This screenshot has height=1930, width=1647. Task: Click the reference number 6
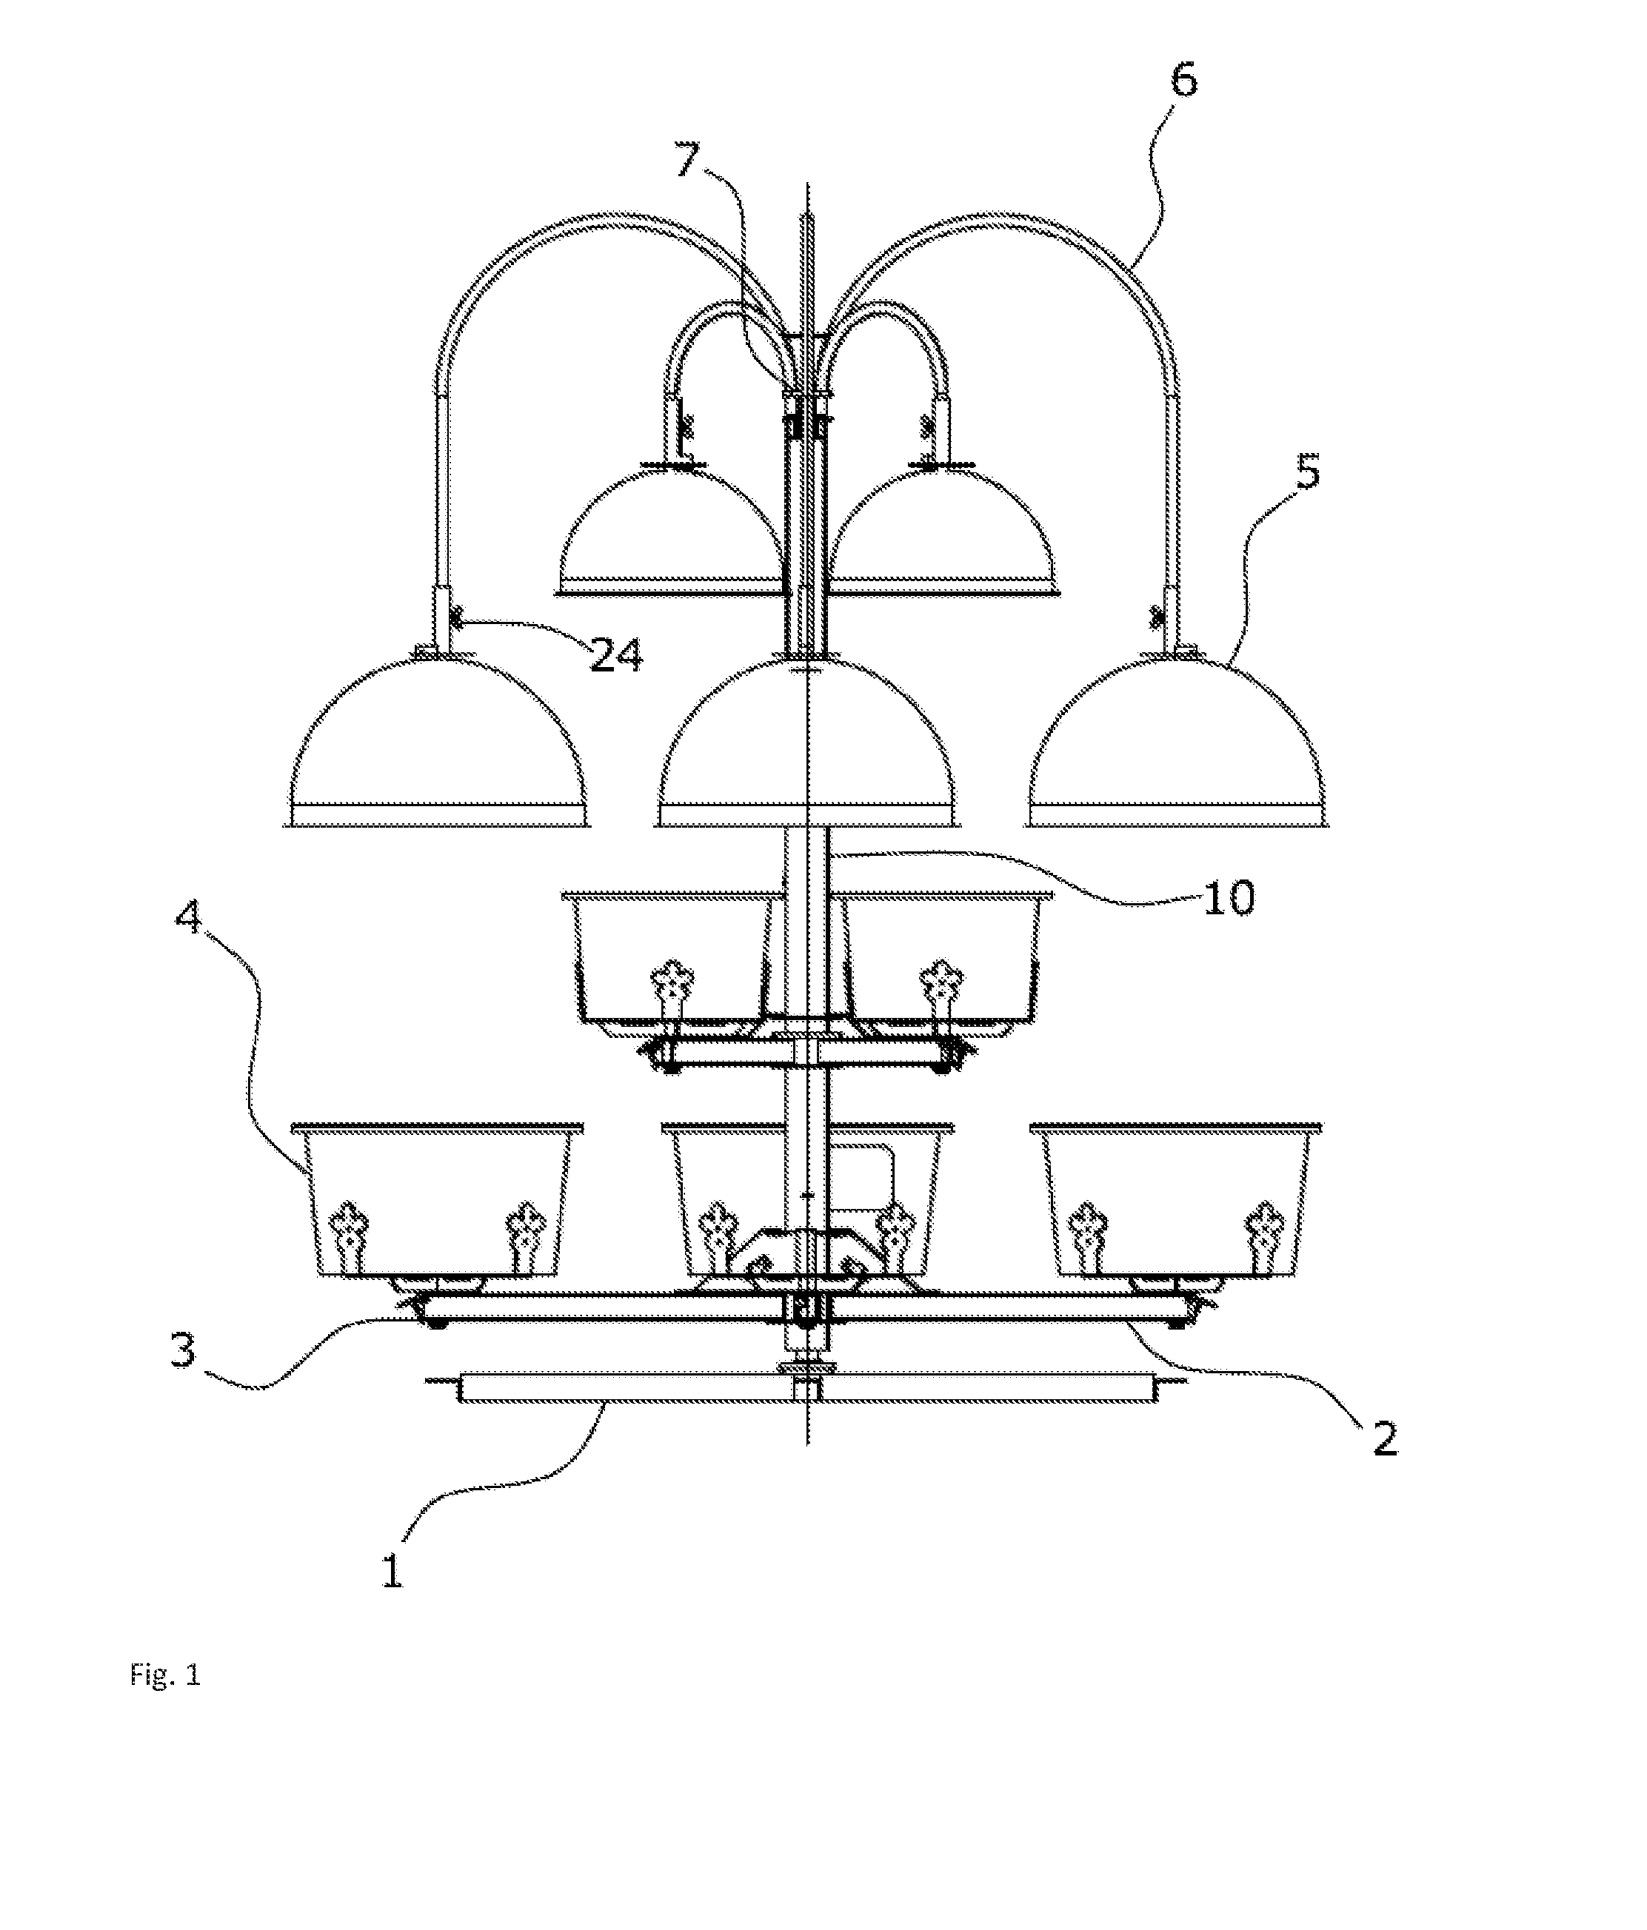[1183, 80]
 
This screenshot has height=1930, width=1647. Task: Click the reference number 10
[1229, 898]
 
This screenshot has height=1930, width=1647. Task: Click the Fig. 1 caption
[165, 1677]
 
